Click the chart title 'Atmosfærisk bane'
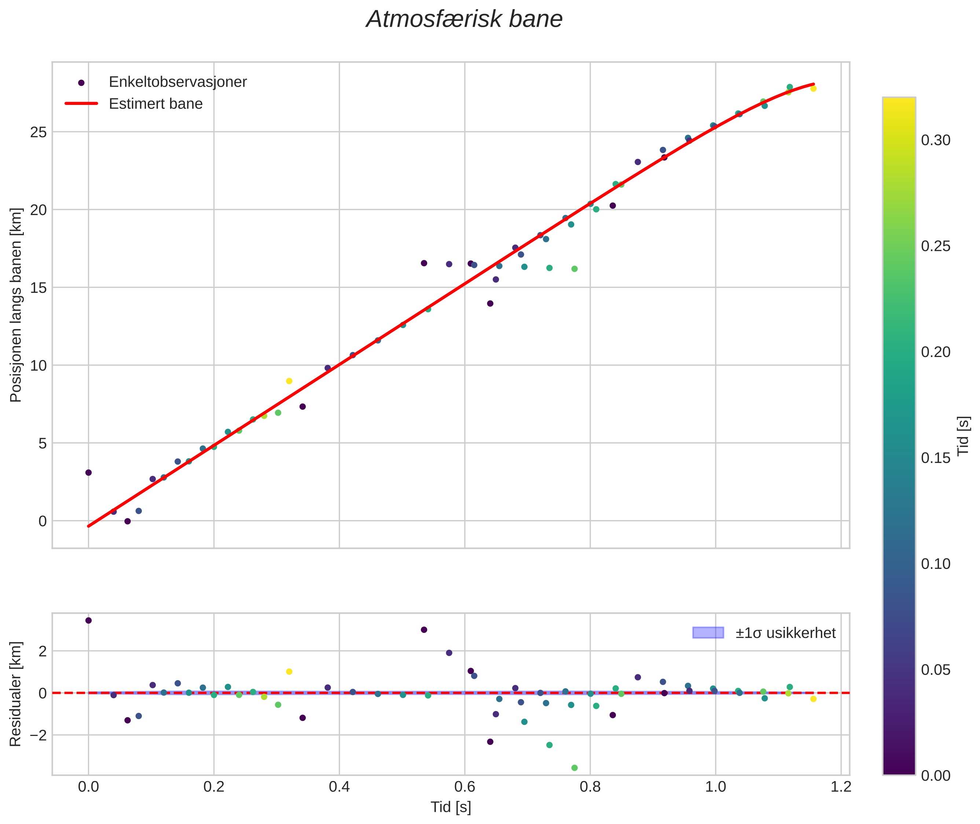464,19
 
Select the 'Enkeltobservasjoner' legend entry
177,82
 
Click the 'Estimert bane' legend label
155,104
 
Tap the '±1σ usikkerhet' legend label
785,633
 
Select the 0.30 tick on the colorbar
936,140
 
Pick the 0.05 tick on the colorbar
936,670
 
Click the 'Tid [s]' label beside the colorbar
963,436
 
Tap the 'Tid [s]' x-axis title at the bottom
451,807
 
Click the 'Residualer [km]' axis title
15,694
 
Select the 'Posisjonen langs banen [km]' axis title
15,305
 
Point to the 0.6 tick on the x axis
465,787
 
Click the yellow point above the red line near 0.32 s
289,381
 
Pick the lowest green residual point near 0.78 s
574,768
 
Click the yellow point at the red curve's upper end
813,88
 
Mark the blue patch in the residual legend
708,633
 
